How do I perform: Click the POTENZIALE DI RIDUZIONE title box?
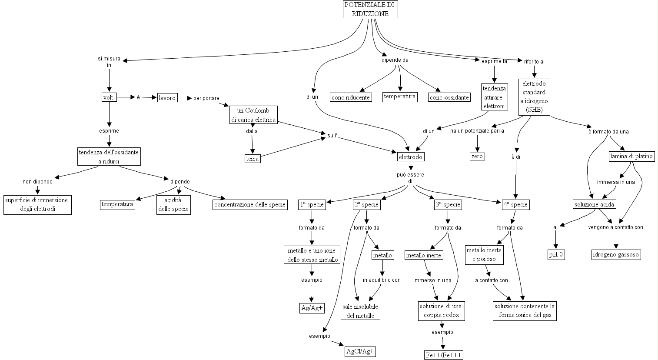(370, 9)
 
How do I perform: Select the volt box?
(108, 97)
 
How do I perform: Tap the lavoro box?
(167, 98)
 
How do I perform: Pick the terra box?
(253, 159)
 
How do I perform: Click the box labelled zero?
(477, 157)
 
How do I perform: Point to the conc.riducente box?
(351, 97)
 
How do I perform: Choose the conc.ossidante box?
(449, 97)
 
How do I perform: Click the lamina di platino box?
(631, 157)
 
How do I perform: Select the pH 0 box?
(556, 254)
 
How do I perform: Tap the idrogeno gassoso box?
(616, 254)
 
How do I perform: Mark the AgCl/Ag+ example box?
(360, 351)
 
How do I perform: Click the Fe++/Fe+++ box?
(443, 355)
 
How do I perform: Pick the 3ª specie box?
(448, 204)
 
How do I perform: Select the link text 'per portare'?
(206, 98)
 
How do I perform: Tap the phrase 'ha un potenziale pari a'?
(477, 130)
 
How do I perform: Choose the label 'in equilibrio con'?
(382, 280)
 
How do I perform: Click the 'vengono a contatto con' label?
(615, 227)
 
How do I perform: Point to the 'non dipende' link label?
(37, 181)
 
